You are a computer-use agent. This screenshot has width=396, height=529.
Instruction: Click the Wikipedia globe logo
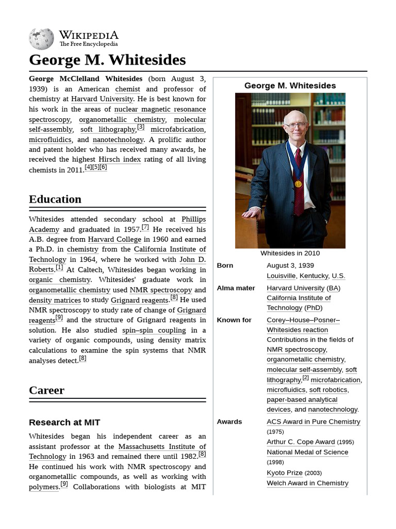pyautogui.click(x=41, y=39)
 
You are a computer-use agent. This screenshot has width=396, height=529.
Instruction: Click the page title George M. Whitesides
pyautogui.click(x=107, y=60)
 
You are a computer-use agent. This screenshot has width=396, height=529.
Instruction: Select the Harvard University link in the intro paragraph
pyautogui.click(x=102, y=99)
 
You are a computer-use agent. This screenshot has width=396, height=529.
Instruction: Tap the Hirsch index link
pyautogui.click(x=119, y=160)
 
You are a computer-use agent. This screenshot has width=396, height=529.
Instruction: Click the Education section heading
pyautogui.click(x=55, y=199)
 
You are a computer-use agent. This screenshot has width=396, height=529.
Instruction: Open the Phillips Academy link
pyautogui.click(x=193, y=220)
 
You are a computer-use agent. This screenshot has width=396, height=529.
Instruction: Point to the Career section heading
pyautogui.click(x=46, y=391)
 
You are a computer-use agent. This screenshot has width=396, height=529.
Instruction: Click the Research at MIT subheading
pyautogui.click(x=64, y=423)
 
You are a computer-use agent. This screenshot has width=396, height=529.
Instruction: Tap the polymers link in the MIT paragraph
pyautogui.click(x=43, y=487)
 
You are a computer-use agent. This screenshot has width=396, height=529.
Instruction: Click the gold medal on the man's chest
pyautogui.click(x=298, y=183)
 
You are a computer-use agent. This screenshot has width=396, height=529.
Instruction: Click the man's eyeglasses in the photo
pyautogui.click(x=295, y=125)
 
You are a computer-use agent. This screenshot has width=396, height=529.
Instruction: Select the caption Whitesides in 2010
pyautogui.click(x=290, y=253)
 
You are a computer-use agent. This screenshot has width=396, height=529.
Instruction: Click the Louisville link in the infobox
pyautogui.click(x=281, y=276)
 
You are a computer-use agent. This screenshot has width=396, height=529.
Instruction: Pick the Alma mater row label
pyautogui.click(x=236, y=288)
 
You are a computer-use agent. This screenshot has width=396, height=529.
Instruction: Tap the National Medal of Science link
pyautogui.click(x=307, y=452)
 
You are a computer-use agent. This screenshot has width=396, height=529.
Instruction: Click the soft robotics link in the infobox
pyautogui.click(x=328, y=390)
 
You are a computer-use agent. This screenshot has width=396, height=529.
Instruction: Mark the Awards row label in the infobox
pyautogui.click(x=229, y=422)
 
